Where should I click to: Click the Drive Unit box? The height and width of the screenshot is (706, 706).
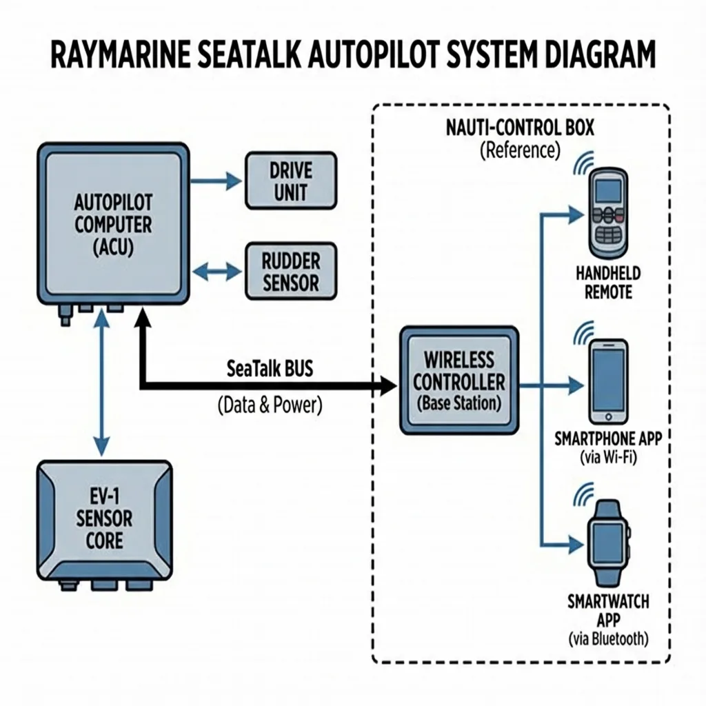click(x=292, y=181)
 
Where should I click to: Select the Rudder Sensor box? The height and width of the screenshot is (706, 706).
click(x=292, y=272)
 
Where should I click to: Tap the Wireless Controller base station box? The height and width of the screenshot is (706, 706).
click(x=458, y=381)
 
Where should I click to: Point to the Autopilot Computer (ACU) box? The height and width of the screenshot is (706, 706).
click(x=114, y=224)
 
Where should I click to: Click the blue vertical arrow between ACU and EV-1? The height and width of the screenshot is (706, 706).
click(x=102, y=386)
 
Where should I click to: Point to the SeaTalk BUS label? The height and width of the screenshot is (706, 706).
click(x=269, y=368)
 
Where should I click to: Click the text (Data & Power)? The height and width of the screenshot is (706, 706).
click(x=269, y=405)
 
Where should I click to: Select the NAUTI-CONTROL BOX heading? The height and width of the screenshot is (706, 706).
click(x=520, y=128)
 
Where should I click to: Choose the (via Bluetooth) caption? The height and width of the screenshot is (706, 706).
click(x=609, y=639)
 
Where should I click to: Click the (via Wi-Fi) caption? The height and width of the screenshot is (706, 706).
click(x=609, y=458)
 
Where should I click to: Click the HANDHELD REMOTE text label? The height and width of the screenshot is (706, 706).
click(x=608, y=283)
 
